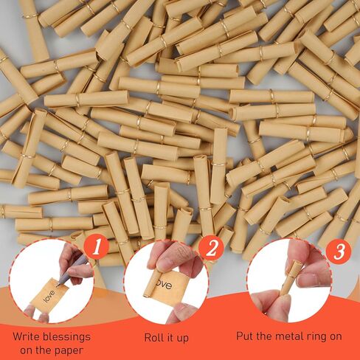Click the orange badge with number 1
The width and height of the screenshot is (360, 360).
[x=97, y=247]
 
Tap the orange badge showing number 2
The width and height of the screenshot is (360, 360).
[x=211, y=249]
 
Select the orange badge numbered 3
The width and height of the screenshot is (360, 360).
[x=339, y=251]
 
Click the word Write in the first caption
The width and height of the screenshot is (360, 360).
[x=26, y=336]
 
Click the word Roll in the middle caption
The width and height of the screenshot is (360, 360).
[x=153, y=337]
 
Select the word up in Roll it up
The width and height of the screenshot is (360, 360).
[x=183, y=339]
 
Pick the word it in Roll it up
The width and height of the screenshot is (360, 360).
[x=168, y=337]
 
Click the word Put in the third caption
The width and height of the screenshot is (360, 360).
[x=244, y=336]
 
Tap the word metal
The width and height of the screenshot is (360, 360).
[x=288, y=336]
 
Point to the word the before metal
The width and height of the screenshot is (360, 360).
[x=263, y=336]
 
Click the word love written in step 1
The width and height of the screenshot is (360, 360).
[x=49, y=297]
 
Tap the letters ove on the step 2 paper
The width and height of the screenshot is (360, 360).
[x=167, y=285]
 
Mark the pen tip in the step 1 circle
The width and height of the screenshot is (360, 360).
[x=58, y=285]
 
